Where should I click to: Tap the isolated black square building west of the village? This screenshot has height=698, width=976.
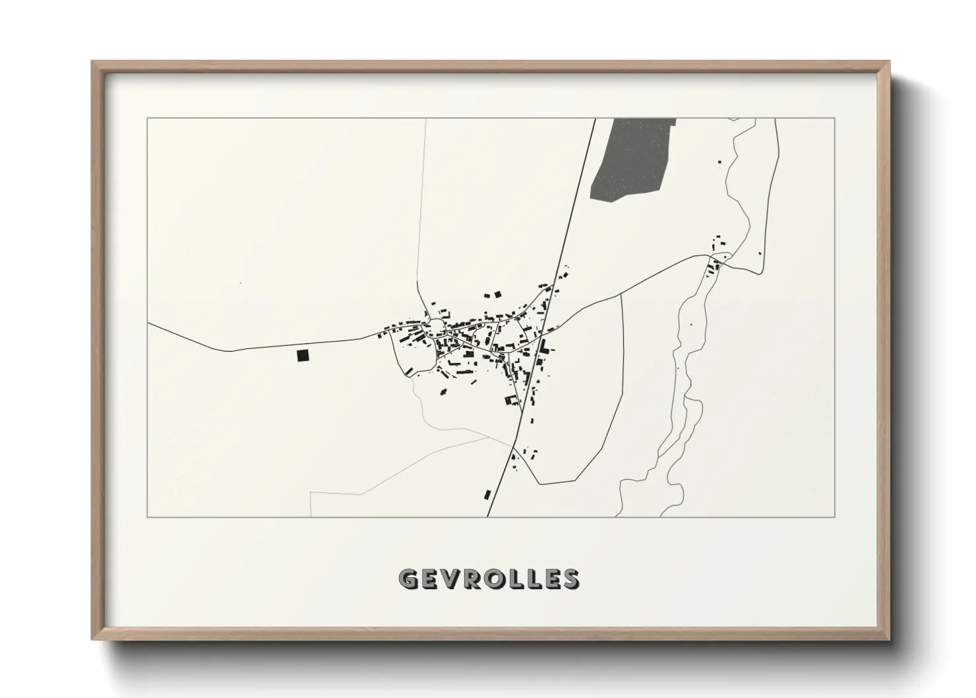pos(303,356)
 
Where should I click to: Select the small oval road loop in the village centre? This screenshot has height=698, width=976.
pos(435,326)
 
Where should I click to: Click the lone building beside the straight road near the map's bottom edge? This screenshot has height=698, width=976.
pos(487,494)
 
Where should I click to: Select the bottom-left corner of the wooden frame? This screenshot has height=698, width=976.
pos(93,639)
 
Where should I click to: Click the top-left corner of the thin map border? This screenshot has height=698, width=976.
pos(147,119)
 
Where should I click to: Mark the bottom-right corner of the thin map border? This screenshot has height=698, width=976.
pos(835,517)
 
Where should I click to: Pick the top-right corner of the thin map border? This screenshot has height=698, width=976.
pos(835,119)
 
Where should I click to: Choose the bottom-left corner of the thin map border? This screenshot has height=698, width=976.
pos(147,517)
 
